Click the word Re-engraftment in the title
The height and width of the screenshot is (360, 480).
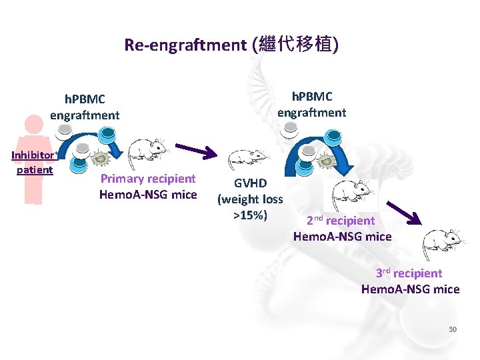click(185, 45)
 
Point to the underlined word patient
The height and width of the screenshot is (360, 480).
click(34, 169)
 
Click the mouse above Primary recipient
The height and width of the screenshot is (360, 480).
click(147, 153)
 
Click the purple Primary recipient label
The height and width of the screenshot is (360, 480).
click(147, 179)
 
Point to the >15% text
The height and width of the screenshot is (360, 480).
click(250, 215)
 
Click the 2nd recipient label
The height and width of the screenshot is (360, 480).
click(341, 221)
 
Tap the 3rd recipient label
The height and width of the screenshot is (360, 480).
click(409, 273)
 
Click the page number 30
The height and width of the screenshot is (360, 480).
click(453, 329)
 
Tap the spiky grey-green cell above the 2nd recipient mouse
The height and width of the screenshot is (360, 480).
click(326, 161)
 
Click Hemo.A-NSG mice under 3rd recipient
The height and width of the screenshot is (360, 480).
click(410, 289)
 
